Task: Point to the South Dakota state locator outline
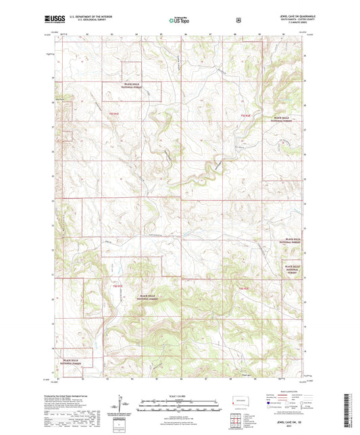[x=238, y=401]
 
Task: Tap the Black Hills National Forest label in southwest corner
[x=75, y=362]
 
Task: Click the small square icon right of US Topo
[x=238, y=20]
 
